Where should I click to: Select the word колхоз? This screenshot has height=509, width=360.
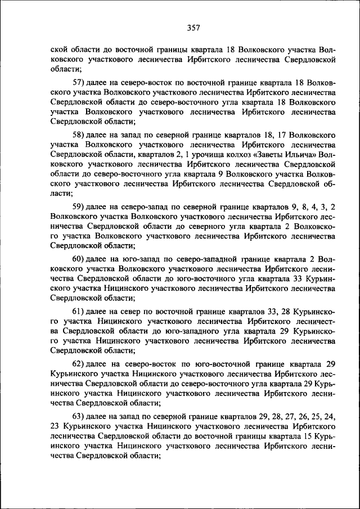[230, 153]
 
